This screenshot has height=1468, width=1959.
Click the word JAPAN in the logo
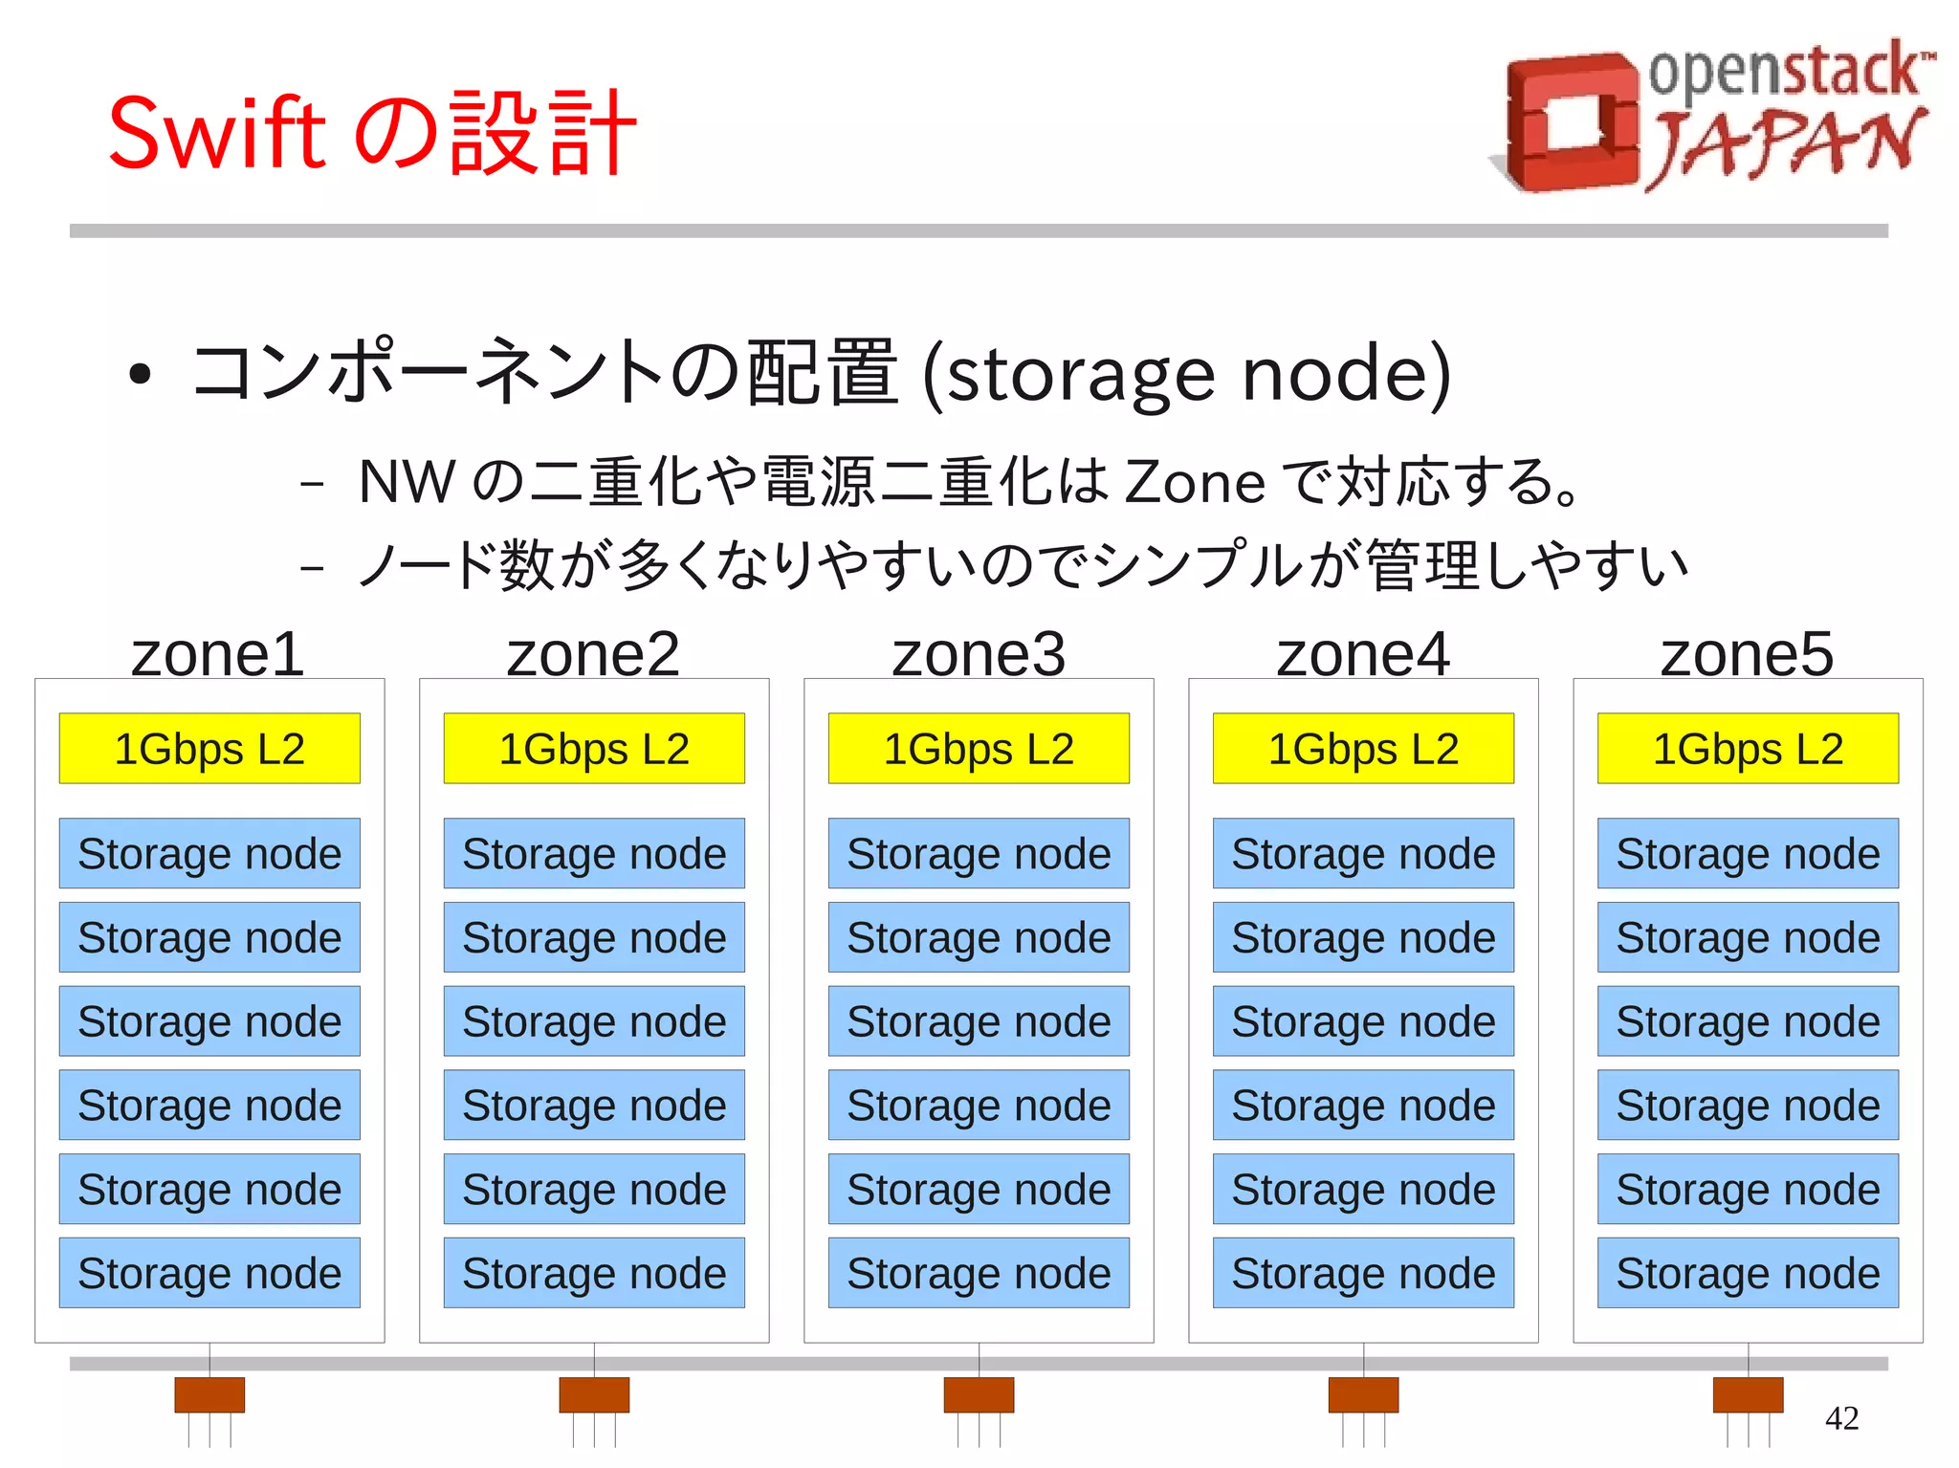click(x=1785, y=143)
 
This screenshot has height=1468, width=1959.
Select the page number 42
click(x=1841, y=1417)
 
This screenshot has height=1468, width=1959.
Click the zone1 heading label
click(x=217, y=654)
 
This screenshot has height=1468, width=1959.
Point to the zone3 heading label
click(x=978, y=654)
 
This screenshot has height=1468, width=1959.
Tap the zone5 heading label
click(x=1747, y=654)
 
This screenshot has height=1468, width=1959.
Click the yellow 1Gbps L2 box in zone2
click(x=594, y=749)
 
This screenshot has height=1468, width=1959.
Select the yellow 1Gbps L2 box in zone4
click(x=1363, y=749)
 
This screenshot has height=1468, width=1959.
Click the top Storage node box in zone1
click(x=209, y=853)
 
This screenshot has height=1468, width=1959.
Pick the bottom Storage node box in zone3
click(x=979, y=1273)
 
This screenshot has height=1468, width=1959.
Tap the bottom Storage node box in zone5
click(x=1748, y=1273)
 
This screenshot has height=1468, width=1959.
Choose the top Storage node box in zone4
click(x=1363, y=853)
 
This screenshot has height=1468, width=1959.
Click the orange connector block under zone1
click(x=209, y=1394)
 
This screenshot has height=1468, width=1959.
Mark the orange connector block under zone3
click(x=979, y=1394)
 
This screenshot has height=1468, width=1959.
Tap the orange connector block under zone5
click(x=1748, y=1394)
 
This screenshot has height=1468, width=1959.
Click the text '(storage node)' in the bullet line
click(x=1186, y=375)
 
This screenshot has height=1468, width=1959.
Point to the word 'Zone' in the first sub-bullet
click(x=1195, y=482)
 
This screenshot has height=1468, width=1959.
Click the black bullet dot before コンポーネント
click(x=140, y=374)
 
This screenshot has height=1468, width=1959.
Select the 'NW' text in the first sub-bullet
click(x=406, y=482)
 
